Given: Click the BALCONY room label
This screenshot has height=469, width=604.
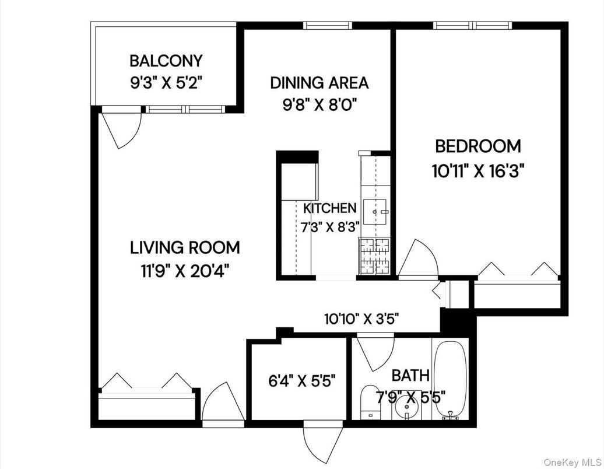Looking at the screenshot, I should click(x=166, y=61).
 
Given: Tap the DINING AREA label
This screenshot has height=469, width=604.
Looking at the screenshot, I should click(x=319, y=83).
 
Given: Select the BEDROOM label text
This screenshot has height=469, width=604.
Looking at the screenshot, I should click(x=477, y=146).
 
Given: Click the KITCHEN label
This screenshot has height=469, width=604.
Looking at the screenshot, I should click(x=329, y=208).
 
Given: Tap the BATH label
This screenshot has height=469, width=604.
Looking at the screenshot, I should click(x=410, y=374).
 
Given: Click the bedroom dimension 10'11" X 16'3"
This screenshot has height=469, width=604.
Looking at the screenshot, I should click(x=479, y=171).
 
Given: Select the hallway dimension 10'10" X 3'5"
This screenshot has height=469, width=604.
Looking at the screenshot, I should click(x=361, y=319).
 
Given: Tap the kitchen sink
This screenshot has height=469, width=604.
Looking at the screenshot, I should click(x=375, y=211).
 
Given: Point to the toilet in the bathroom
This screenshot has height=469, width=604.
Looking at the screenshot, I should click(x=368, y=401).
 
